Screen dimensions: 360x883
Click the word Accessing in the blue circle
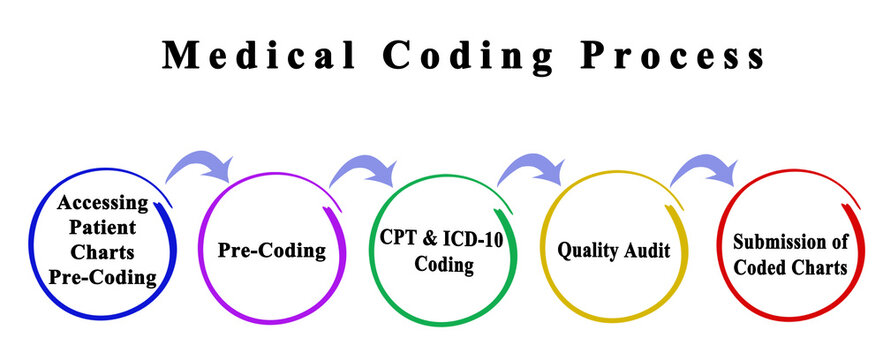click(x=103, y=204)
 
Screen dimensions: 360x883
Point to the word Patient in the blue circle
click(x=103, y=228)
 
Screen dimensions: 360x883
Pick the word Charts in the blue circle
click(x=103, y=253)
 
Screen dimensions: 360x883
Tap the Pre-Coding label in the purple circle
click(x=272, y=250)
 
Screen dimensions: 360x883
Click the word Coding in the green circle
click(x=441, y=265)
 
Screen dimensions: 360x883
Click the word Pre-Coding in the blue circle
click(x=103, y=278)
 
